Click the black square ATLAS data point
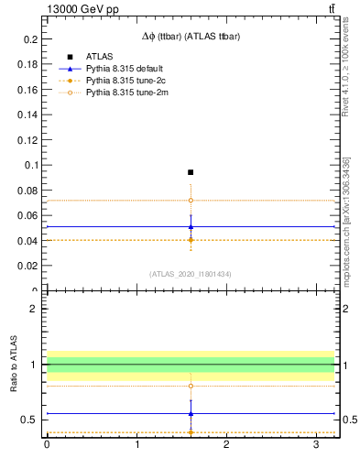tap(191, 172)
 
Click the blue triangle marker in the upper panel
tap(191, 226)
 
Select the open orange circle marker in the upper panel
tap(191, 200)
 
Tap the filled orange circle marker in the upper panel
tap(191, 240)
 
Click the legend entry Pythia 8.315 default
tap(123, 69)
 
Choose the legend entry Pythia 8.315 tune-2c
tap(123, 81)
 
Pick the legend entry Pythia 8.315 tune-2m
tap(123, 93)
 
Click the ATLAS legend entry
tap(98, 57)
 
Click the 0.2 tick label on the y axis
tap(31, 39)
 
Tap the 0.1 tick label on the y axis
tap(31, 165)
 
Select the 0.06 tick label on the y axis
tap(28, 215)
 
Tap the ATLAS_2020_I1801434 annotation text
tap(191, 274)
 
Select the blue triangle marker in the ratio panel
tap(191, 413)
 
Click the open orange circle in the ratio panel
tap(191, 386)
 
